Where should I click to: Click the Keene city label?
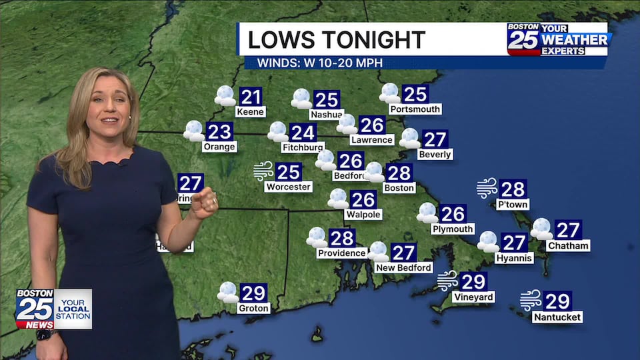point(251,112)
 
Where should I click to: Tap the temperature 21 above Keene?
point(251,97)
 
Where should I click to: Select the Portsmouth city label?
point(415,109)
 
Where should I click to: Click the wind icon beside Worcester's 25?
point(263,171)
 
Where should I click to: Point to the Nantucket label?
point(557,317)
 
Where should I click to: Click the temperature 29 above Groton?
point(253,293)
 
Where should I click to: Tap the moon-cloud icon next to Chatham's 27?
point(541,229)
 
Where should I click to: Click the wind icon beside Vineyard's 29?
point(447,281)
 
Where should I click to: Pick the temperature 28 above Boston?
point(399,173)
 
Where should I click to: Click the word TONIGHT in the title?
point(373,40)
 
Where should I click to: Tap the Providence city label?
point(342,253)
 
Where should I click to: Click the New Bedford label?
point(403,267)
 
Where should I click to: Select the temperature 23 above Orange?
point(219,132)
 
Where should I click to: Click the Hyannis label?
point(514,257)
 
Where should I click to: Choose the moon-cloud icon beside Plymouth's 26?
point(427,213)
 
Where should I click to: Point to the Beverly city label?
point(435,155)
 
